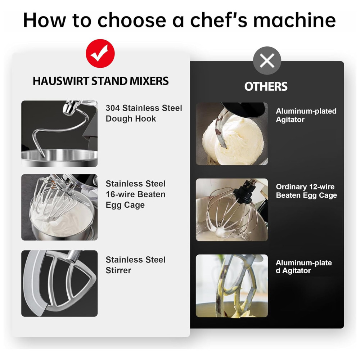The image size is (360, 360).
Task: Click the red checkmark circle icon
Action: pyautogui.click(x=100, y=53)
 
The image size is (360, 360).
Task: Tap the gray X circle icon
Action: pyautogui.click(x=267, y=60)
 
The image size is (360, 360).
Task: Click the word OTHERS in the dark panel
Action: pyautogui.click(x=266, y=86)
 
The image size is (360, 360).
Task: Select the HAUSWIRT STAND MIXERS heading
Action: pyautogui.click(x=100, y=81)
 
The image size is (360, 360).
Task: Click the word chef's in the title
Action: pyautogui.click(x=219, y=20)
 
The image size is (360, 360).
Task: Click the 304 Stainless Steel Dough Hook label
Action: pyautogui.click(x=144, y=113)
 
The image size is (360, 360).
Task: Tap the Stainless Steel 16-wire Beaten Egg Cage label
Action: pyautogui.click(x=135, y=194)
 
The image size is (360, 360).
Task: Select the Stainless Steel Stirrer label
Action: pyautogui.click(x=135, y=265)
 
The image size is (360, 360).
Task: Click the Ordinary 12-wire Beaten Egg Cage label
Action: pyautogui.click(x=306, y=191)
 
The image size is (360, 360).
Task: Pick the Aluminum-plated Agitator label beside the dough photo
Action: pyautogui.click(x=306, y=115)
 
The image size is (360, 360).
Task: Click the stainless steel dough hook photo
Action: pyautogui.click(x=59, y=134)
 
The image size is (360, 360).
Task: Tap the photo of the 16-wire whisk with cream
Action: pyautogui.click(x=59, y=207)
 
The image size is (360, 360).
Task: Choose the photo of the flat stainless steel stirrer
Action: pyautogui.click(x=59, y=283)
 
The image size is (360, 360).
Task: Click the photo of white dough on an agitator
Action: pyautogui.click(x=232, y=134)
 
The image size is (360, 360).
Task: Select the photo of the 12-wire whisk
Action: pyautogui.click(x=232, y=210)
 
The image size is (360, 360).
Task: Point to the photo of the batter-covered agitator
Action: pyautogui.click(x=232, y=286)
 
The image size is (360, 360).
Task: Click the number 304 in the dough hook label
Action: pyautogui.click(x=113, y=108)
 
